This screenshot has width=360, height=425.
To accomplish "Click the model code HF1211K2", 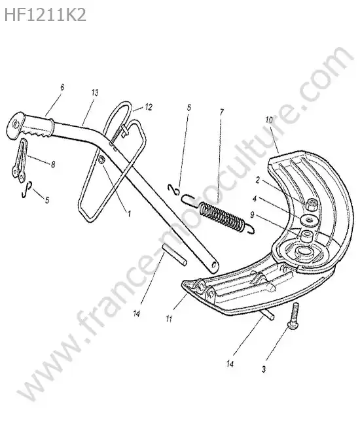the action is (x=45, y=14).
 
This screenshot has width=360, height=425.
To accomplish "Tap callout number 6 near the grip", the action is (x=62, y=88).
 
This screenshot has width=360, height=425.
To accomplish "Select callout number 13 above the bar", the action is (x=95, y=93).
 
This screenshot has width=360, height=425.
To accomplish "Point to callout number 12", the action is (x=148, y=107).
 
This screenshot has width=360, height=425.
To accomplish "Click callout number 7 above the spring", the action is (x=221, y=112).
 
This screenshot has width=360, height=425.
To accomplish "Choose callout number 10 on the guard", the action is (x=269, y=120).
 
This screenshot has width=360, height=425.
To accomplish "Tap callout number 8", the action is (x=53, y=164).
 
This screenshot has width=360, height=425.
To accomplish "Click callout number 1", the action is (x=129, y=214).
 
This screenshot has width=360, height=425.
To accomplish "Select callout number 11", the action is (x=169, y=318).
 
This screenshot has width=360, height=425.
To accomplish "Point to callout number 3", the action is (x=264, y=369).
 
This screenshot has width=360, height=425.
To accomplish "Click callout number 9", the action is (x=252, y=215).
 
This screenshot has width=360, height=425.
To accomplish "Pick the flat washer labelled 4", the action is (x=309, y=220).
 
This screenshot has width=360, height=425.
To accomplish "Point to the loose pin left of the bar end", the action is (x=175, y=255).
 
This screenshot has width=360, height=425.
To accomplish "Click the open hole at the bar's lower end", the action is (x=214, y=265).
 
